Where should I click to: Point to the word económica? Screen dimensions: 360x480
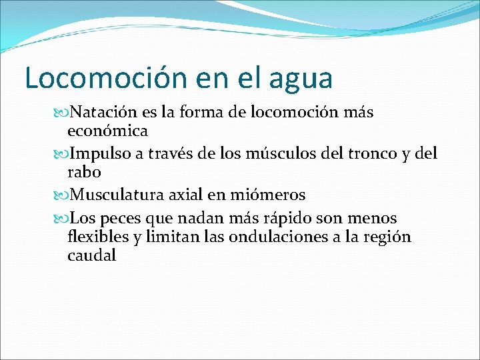pos(107,131)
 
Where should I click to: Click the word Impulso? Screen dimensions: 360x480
pos(103,154)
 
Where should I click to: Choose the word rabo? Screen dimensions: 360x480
pos(83,172)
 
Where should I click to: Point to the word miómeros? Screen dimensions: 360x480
pos(269,195)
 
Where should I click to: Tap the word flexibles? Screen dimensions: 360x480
pos(98,237)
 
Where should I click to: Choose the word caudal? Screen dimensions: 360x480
pos(91,255)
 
